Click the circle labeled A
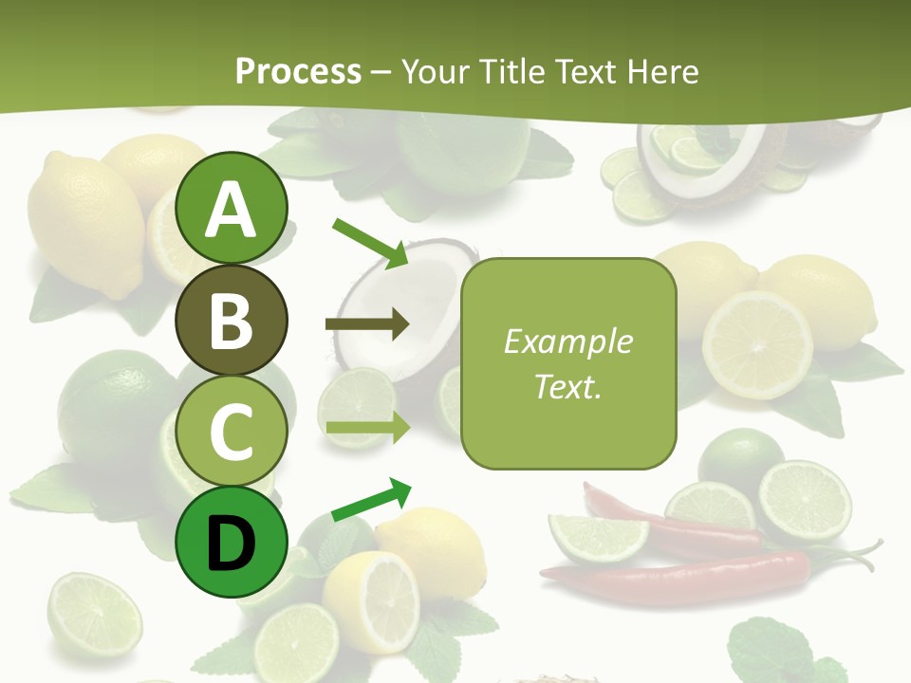pyautogui.click(x=232, y=209)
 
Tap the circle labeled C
pyautogui.click(x=232, y=431)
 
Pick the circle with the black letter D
pyautogui.click(x=232, y=542)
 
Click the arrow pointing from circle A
pyautogui.click(x=370, y=242)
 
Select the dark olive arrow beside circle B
pyautogui.click(x=367, y=324)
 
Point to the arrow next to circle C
pyautogui.click(x=367, y=428)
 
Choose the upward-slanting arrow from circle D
pyautogui.click(x=371, y=500)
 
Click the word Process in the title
pyautogui.click(x=298, y=71)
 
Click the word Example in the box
pyautogui.click(x=568, y=341)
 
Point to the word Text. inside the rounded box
pyautogui.click(x=568, y=386)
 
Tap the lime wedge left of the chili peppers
pyautogui.click(x=599, y=537)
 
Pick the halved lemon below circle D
pyautogui.click(x=371, y=600)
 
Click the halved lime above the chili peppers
pyautogui.click(x=805, y=500)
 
